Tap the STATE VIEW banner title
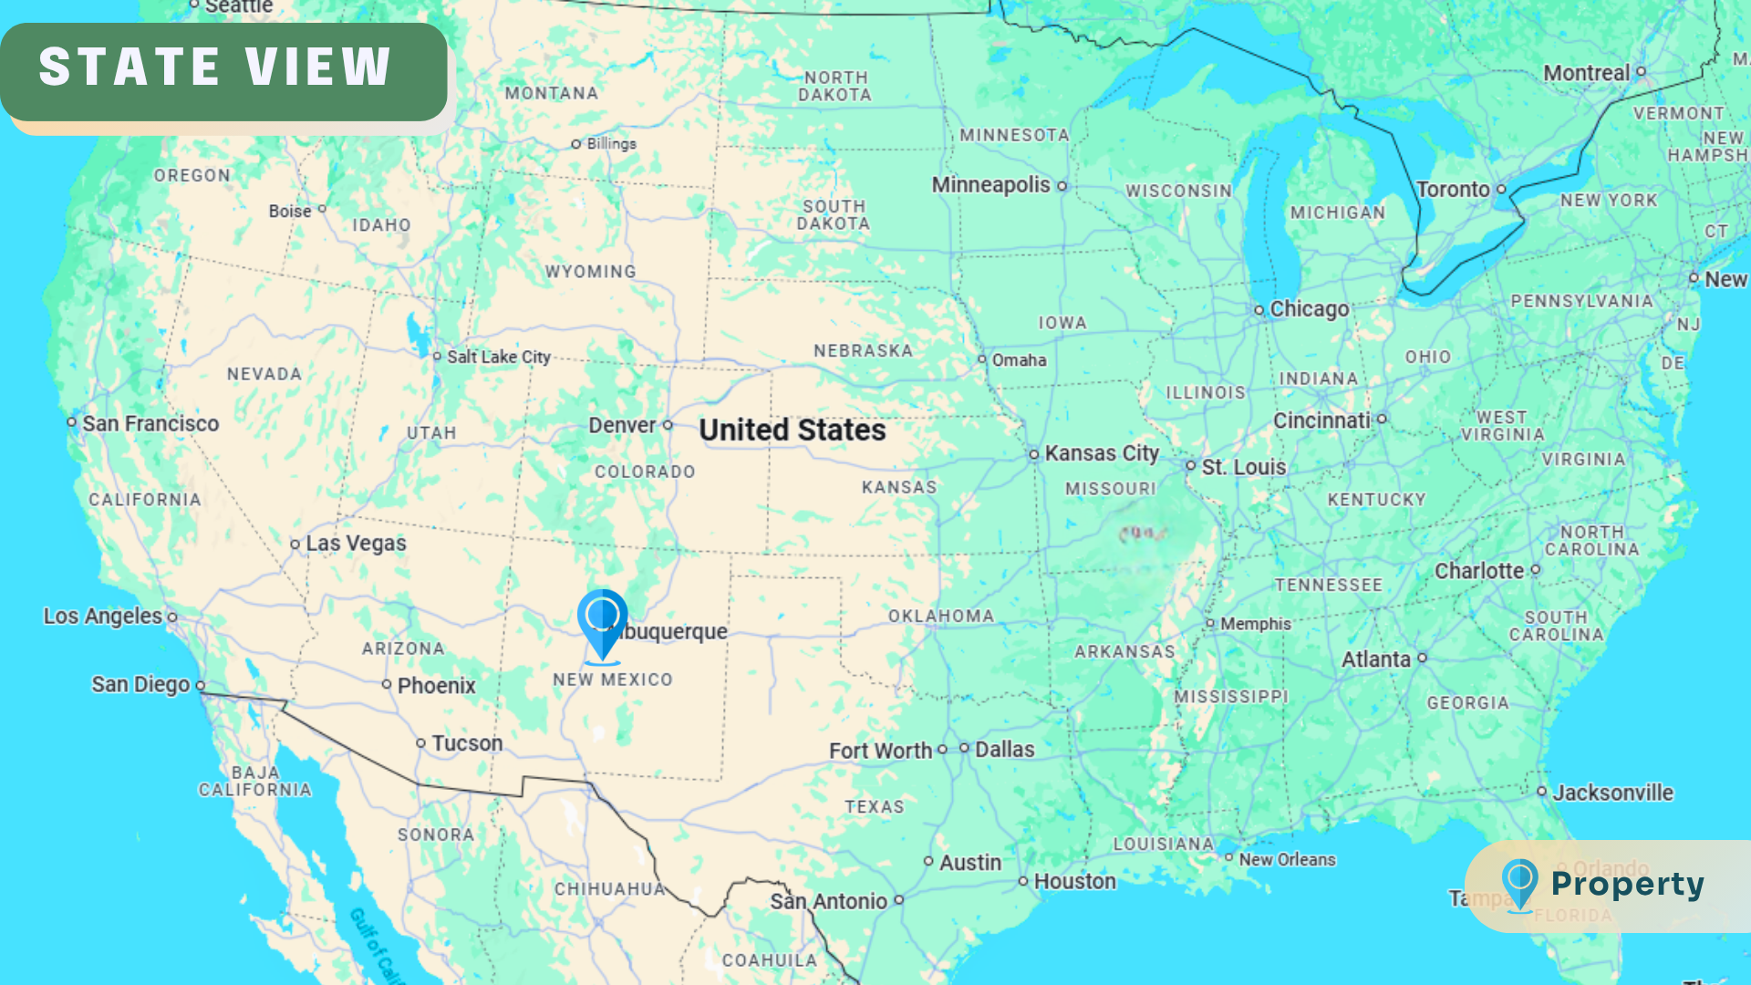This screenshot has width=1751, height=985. pos(215,67)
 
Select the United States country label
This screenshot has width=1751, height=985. pos(792,430)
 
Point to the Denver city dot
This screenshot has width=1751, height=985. pos(668,425)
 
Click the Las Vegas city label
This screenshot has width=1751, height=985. pos(356,544)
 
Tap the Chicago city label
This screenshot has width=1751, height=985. pos(1309,309)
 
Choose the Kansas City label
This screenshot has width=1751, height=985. pos(1101,453)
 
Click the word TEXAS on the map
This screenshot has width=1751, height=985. pos(874,807)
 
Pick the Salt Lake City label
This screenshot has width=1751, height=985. pos(498,358)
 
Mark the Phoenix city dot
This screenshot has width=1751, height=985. pos(387,684)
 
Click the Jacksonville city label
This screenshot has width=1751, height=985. pos(1612,793)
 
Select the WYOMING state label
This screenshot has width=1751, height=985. pos(590,272)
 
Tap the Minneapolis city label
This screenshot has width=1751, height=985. pos(990,185)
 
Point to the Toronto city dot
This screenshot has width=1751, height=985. pos(1501,190)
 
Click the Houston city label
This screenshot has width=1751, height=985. pos(1074,882)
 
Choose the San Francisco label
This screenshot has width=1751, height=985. pos(150,423)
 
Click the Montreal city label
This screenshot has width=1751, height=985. pos(1586,73)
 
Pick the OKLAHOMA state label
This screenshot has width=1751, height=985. pos(940,617)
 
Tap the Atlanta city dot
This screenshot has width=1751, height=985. pos(1422,658)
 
